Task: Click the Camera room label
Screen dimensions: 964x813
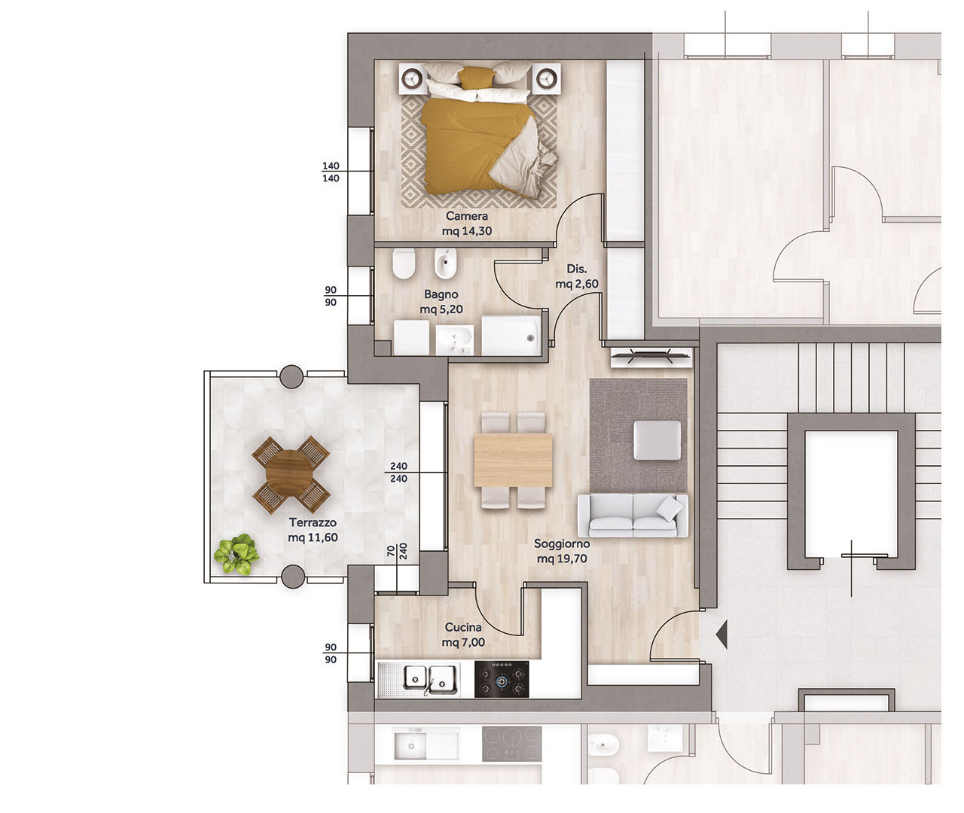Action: click(x=466, y=215)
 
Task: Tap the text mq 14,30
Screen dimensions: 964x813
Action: click(x=467, y=230)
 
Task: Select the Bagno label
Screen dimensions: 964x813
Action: click(x=441, y=294)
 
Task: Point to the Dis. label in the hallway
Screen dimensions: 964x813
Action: click(x=577, y=269)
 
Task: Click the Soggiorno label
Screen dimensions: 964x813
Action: click(x=562, y=544)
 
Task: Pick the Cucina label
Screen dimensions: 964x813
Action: click(x=463, y=627)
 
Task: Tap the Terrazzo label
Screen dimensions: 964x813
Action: click(x=313, y=522)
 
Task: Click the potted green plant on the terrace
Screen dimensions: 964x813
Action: click(x=236, y=554)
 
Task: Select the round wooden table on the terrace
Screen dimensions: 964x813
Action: click(x=289, y=473)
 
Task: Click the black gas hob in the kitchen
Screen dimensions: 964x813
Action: click(x=502, y=679)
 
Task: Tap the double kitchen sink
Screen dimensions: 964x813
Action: click(x=431, y=679)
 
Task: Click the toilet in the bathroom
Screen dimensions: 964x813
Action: click(x=404, y=263)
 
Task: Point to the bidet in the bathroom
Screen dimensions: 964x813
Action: click(x=446, y=263)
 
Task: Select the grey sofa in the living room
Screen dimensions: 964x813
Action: click(x=633, y=516)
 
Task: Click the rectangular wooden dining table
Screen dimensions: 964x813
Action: click(x=513, y=459)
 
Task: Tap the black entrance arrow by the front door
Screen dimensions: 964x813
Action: click(x=722, y=635)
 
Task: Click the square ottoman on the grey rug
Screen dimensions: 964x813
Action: click(x=657, y=440)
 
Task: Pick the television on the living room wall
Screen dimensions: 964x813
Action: click(x=651, y=356)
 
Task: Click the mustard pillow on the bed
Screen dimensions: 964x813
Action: click(x=477, y=78)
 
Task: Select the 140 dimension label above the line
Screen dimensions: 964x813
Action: click(x=331, y=166)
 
